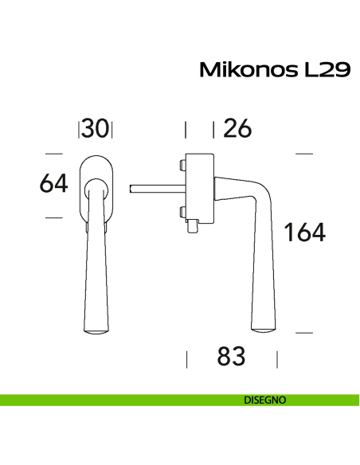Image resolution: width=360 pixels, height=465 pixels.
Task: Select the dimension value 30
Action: point(96,129)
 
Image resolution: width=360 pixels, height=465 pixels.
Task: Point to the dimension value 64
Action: point(53,184)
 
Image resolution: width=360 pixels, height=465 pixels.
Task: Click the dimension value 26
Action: point(237,129)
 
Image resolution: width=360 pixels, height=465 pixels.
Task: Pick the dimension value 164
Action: point(305,232)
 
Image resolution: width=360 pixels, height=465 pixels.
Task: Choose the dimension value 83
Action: point(231,358)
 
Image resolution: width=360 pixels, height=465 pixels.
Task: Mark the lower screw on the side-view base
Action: point(182,213)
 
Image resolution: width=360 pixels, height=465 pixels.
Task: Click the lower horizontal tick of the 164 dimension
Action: point(306,330)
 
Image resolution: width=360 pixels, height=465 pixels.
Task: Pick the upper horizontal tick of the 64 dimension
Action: point(53,154)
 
